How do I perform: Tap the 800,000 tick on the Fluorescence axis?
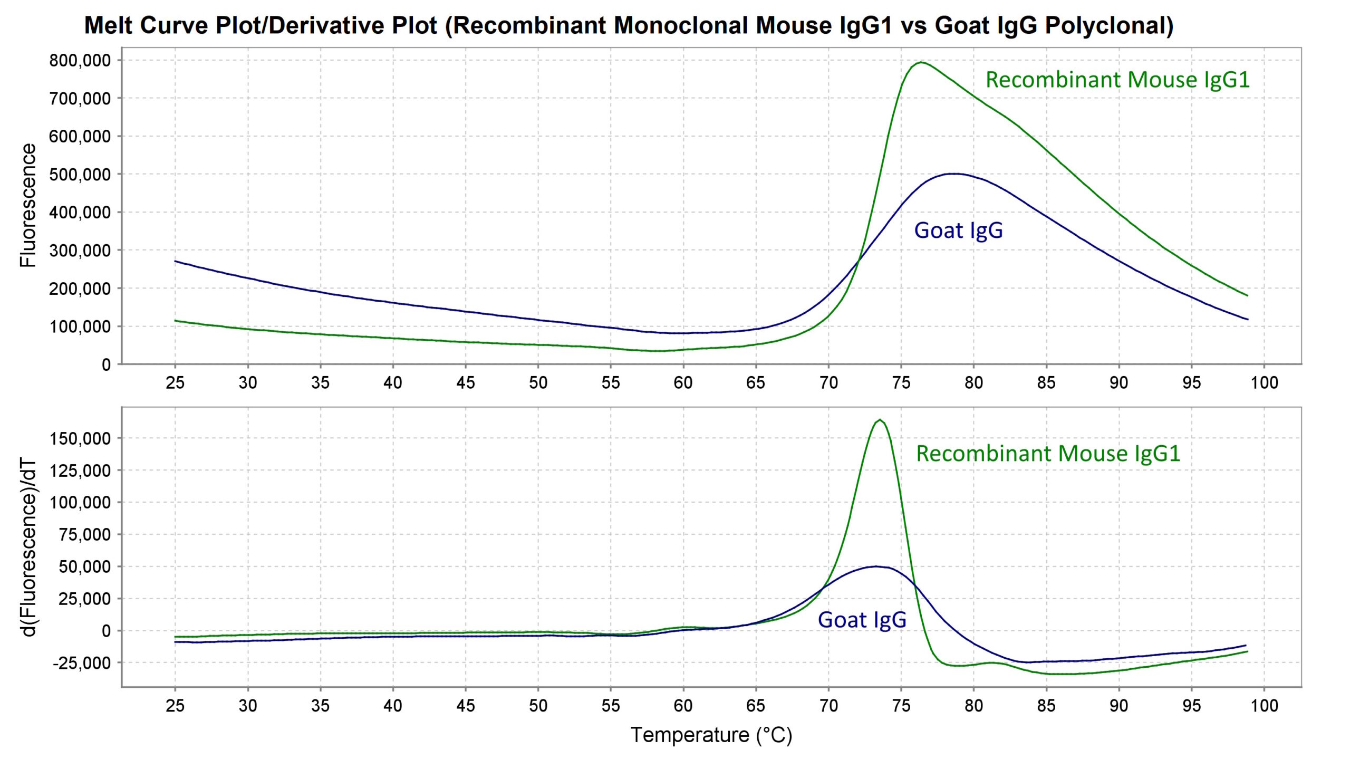click(80, 61)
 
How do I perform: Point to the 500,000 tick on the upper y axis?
click(80, 175)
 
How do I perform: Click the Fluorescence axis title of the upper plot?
click(27, 206)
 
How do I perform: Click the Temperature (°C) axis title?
click(711, 735)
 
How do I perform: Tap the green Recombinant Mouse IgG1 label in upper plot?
click(1117, 80)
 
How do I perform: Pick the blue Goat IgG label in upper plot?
click(958, 230)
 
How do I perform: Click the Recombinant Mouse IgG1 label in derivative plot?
click(1048, 454)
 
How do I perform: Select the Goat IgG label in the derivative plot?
click(862, 620)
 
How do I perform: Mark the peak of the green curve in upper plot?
click(921, 62)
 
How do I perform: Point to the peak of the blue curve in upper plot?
click(954, 174)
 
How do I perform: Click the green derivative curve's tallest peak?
click(880, 420)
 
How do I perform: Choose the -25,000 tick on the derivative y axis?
click(82, 663)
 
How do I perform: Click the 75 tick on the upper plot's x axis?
click(901, 382)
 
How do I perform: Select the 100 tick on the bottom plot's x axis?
click(1264, 706)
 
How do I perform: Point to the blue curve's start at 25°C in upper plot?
click(175, 261)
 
